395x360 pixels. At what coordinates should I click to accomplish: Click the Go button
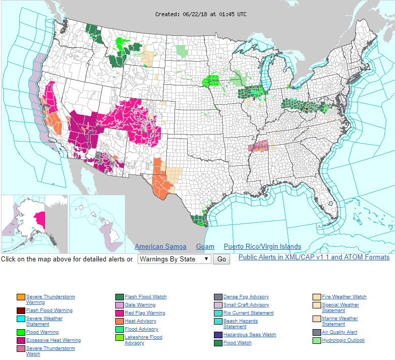[x=221, y=259]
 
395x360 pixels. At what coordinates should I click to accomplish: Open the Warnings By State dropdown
[x=174, y=259]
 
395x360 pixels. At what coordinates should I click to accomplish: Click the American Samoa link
[x=160, y=247]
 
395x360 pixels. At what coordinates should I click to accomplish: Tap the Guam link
[x=205, y=247]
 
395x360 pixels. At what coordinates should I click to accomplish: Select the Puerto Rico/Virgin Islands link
[x=262, y=247]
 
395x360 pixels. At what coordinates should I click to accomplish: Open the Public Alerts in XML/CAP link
[x=314, y=257]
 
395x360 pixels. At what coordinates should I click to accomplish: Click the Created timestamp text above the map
[x=201, y=14]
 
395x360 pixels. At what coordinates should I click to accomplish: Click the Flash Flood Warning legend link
[x=49, y=310]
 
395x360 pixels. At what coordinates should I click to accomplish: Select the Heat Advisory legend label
[x=140, y=321]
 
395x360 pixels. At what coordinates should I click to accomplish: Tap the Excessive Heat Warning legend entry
[x=53, y=340]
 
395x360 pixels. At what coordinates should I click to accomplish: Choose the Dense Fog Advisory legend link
[x=246, y=297]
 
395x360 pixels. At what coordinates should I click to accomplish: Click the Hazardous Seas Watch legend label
[x=249, y=335]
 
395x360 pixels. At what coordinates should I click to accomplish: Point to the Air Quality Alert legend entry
[x=339, y=332]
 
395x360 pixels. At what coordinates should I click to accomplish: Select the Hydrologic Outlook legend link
[x=343, y=340]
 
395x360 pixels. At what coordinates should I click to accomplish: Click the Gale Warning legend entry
[x=140, y=305]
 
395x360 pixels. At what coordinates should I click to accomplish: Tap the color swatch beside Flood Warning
[x=21, y=333]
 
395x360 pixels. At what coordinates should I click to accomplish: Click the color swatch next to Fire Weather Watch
[x=317, y=297]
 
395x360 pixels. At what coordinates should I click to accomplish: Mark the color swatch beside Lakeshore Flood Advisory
[x=119, y=338]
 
